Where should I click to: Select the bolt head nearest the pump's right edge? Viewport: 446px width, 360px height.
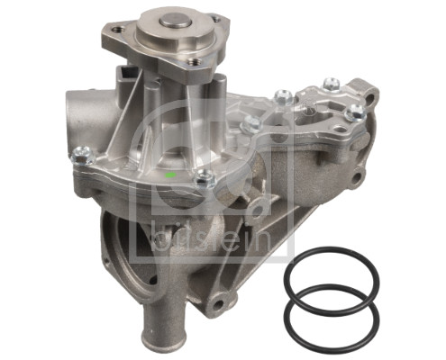pos(356,112)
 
